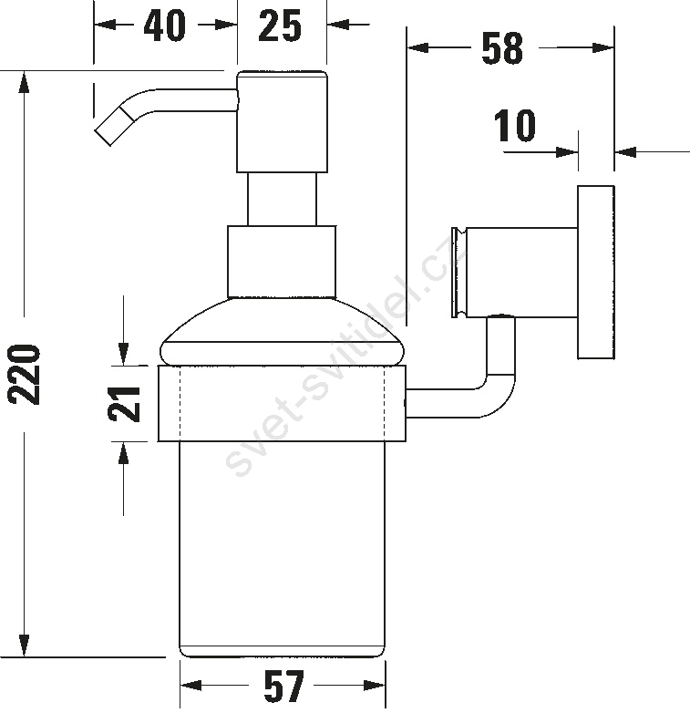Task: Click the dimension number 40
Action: click(x=164, y=26)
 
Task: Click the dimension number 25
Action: click(x=280, y=26)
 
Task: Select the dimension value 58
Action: click(x=502, y=47)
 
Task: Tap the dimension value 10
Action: click(x=515, y=125)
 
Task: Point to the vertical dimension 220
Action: click(x=24, y=374)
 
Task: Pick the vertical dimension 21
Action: click(x=124, y=403)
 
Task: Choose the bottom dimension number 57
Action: click(x=283, y=687)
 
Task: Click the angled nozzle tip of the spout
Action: click(x=114, y=127)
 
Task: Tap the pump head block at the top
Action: click(x=282, y=121)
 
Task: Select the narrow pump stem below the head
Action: click(x=282, y=199)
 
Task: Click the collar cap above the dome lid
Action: click(x=282, y=262)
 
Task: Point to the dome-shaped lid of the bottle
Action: click(x=282, y=332)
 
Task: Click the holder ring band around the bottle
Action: click(x=282, y=403)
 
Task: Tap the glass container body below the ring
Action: click(x=282, y=549)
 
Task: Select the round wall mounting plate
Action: click(x=596, y=273)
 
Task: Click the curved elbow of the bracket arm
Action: click(x=497, y=396)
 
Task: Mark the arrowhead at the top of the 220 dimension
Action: click(x=24, y=83)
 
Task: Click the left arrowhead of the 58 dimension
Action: click(x=417, y=47)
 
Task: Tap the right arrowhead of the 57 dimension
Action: click(x=374, y=686)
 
